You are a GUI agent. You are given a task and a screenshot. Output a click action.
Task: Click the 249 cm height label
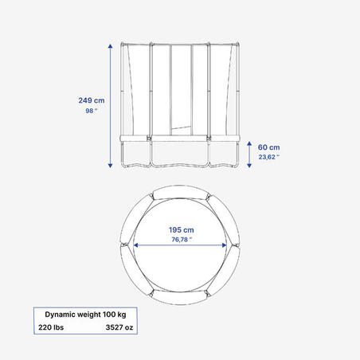click(92, 100)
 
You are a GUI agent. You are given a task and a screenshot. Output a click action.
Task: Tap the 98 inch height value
click(92, 111)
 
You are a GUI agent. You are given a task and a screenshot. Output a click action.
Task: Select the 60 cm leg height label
click(268, 147)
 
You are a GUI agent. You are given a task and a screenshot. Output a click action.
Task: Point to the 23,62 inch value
click(269, 157)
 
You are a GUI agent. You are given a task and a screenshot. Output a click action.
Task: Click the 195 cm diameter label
click(182, 230)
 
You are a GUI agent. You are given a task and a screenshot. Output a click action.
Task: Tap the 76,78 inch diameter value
click(182, 240)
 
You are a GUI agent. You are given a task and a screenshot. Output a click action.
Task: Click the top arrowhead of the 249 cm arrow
click(110, 46)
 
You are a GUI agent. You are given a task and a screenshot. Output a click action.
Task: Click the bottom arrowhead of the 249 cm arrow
click(110, 166)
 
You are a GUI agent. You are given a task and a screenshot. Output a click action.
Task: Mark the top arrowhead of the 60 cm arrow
click(249, 143)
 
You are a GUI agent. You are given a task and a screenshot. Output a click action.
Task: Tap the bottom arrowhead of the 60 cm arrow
click(249, 166)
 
